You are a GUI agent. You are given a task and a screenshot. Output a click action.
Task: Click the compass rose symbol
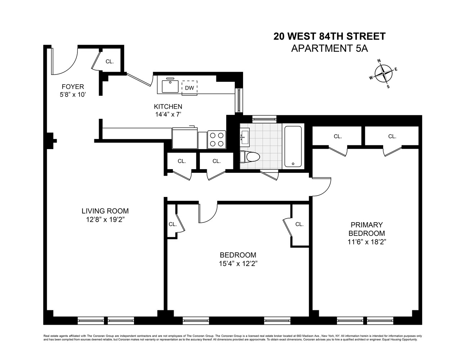click(x=383, y=73)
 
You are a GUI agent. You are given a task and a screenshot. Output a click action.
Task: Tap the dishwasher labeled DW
click(x=189, y=88)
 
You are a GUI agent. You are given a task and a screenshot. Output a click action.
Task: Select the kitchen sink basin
click(x=170, y=86)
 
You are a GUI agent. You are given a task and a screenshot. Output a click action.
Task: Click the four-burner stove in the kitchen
click(x=216, y=139)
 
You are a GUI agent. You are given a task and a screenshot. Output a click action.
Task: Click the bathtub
click(x=294, y=146)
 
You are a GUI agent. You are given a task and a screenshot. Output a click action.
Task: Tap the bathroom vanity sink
click(x=245, y=136)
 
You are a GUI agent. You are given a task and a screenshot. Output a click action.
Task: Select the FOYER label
click(x=73, y=87)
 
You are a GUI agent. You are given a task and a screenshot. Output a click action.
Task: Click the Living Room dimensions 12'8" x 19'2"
click(x=105, y=220)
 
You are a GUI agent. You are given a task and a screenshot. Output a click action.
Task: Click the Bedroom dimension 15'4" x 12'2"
click(x=238, y=264)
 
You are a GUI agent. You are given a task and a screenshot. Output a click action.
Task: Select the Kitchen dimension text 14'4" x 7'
click(x=168, y=115)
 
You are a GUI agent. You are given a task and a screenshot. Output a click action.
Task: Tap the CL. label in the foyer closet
click(x=109, y=62)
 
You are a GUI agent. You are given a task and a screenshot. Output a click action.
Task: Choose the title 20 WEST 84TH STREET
click(x=329, y=36)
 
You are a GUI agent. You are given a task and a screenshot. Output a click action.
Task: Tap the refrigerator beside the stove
click(x=185, y=138)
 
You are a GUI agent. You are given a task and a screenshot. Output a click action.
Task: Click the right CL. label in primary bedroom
click(x=392, y=136)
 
